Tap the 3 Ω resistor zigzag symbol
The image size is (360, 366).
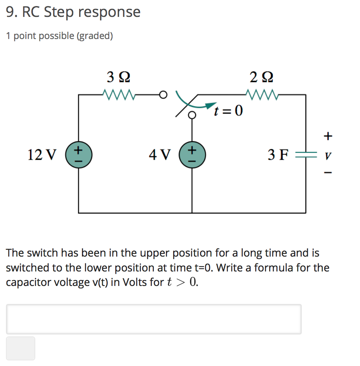(x=119, y=95)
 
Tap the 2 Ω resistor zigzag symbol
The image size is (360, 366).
(x=262, y=95)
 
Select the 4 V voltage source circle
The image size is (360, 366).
(x=192, y=154)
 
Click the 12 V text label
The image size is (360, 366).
(x=42, y=154)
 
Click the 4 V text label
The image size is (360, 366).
(x=160, y=154)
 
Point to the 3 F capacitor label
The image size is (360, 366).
(x=278, y=154)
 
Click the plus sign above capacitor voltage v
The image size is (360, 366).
(x=328, y=136)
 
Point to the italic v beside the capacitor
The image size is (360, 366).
(x=328, y=155)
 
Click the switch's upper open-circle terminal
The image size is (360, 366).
(x=162, y=95)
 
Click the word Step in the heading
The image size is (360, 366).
(x=59, y=12)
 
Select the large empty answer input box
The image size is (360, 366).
(x=153, y=319)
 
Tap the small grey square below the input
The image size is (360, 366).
(x=20, y=348)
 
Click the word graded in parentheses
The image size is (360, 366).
(x=94, y=36)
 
